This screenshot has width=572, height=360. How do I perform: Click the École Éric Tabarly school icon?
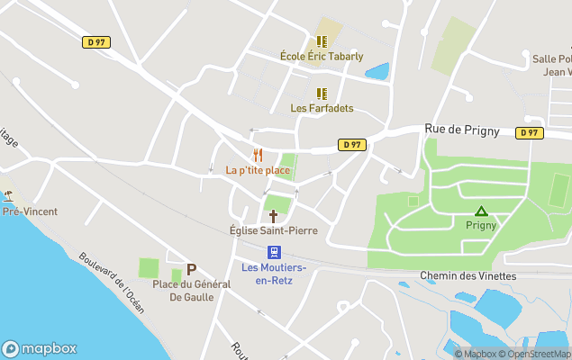pyautogui.click(x=321, y=41)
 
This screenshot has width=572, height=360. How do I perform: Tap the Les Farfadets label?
pyautogui.click(x=322, y=108)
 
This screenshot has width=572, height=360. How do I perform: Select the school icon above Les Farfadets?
pyautogui.click(x=321, y=94)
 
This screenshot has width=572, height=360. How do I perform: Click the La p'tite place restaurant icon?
pyautogui.click(x=257, y=155)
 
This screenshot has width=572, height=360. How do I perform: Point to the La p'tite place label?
pyautogui.click(x=258, y=170)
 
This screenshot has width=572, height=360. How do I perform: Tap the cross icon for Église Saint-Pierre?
pyautogui.click(x=273, y=216)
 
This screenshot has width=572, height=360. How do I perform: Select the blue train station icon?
pyautogui.click(x=274, y=252)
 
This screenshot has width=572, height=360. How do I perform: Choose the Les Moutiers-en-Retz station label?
pyautogui.click(x=274, y=274)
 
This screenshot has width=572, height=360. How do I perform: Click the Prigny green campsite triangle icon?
pyautogui.click(x=481, y=211)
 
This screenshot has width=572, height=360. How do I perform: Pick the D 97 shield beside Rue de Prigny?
pyautogui.click(x=352, y=144)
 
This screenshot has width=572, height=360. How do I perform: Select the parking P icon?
pyautogui.click(x=191, y=269)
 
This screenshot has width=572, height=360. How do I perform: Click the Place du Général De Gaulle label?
pyautogui.click(x=191, y=290)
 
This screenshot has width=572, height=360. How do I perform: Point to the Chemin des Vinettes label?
pyautogui.click(x=468, y=275)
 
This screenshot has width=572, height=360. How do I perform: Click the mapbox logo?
pyautogui.click(x=40, y=348)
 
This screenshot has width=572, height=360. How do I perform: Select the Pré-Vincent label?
pyautogui.click(x=29, y=211)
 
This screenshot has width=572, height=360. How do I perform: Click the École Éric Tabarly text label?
pyautogui.click(x=322, y=56)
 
